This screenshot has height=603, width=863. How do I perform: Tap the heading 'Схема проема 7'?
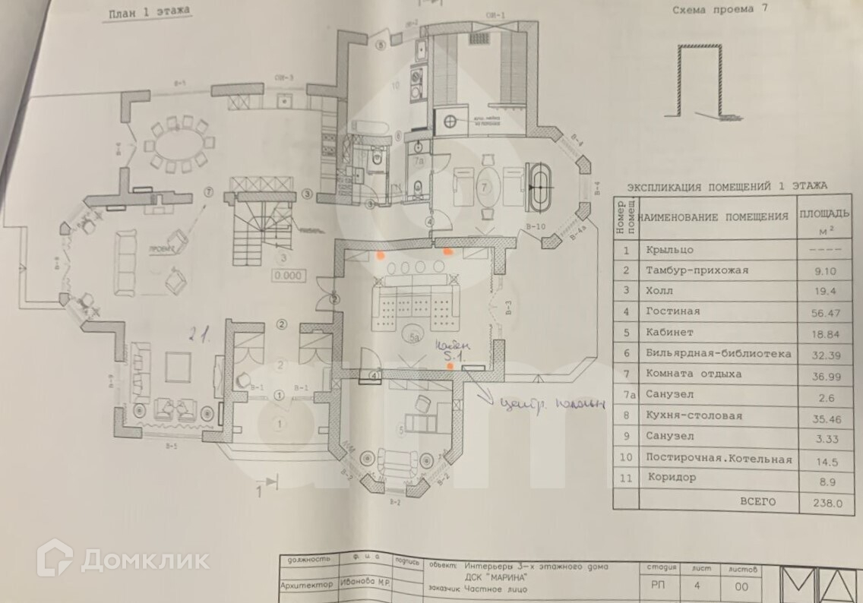(717, 11)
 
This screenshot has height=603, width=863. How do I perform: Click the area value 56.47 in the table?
(822, 311)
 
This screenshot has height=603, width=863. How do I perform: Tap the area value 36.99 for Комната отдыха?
(822, 375)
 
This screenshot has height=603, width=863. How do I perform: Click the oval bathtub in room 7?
(542, 185)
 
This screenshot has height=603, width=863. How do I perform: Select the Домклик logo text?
(144, 560)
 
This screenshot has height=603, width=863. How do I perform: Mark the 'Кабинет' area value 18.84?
(822, 333)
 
